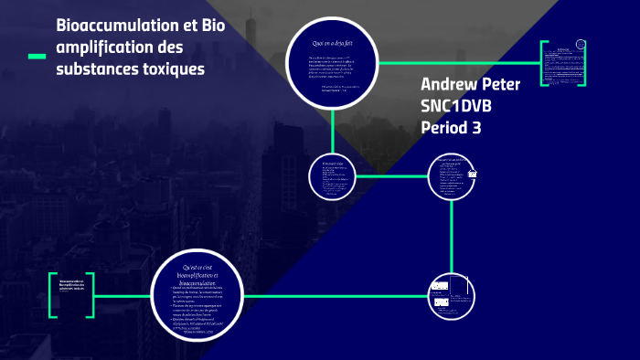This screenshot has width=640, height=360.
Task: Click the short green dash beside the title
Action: [37, 57]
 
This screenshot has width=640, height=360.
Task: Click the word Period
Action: [445, 128]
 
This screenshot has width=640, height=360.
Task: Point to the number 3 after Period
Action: [476, 128]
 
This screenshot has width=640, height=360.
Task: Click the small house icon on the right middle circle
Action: [473, 175]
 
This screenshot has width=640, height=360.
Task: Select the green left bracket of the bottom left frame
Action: [53, 294]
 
